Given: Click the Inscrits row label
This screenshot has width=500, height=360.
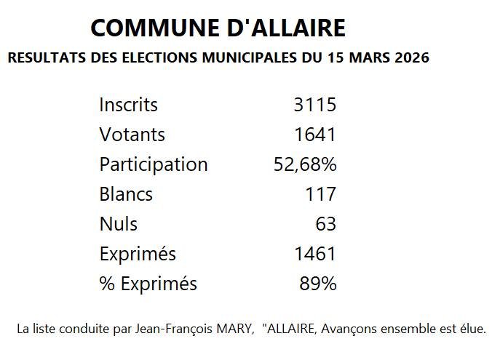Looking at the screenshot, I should [x=128, y=105].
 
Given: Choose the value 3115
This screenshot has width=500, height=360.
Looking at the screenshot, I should [x=314, y=105].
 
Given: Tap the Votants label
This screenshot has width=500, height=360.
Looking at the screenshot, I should [x=132, y=135].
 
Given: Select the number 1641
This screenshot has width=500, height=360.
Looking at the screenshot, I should [x=314, y=135].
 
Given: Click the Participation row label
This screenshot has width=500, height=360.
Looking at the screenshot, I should [x=154, y=164].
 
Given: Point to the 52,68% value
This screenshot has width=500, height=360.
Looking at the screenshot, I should [x=305, y=164].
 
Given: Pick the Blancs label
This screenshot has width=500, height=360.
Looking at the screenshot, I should [x=126, y=194].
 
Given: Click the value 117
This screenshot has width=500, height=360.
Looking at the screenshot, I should [x=321, y=194].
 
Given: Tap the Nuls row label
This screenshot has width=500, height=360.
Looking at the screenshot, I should [x=118, y=224].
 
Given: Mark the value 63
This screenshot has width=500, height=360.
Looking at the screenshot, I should [x=325, y=224].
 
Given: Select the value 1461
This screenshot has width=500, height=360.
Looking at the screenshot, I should [x=314, y=254].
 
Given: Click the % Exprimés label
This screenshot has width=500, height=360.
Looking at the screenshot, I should [x=148, y=284].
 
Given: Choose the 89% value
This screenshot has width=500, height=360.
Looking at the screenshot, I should [x=318, y=284].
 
